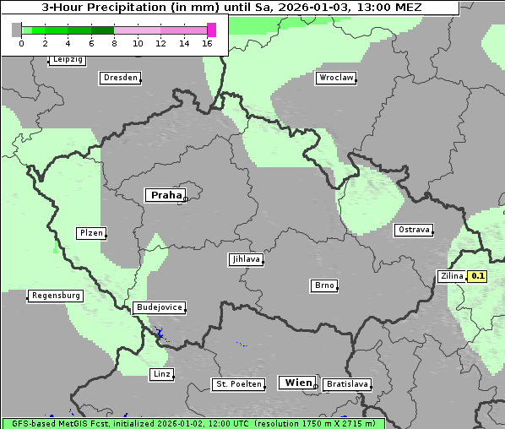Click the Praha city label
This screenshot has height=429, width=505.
pos(166,195)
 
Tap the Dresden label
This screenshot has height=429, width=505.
pos(120,78)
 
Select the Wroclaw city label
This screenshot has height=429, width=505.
pos(335,78)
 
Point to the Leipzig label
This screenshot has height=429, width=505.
pos(68,59)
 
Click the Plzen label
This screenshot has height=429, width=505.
pos(90,233)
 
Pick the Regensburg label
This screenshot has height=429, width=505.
pos(56,296)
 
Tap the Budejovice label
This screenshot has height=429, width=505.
pos(158,307)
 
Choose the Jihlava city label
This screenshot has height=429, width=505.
pos(245,259)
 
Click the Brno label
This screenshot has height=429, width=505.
pos(324,285)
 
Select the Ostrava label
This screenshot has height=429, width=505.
pos(414,230)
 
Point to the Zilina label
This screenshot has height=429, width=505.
pos(452,276)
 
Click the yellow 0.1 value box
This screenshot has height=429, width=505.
pos(478,276)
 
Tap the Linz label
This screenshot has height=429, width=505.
pos(161,373)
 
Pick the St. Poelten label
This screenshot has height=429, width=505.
pos(234,384)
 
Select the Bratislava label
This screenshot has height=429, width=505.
pos(346,384)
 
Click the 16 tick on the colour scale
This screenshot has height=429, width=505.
pos(207,43)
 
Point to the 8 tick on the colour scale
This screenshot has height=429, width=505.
pos(114,43)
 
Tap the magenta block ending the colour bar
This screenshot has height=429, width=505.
pos(211,30)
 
